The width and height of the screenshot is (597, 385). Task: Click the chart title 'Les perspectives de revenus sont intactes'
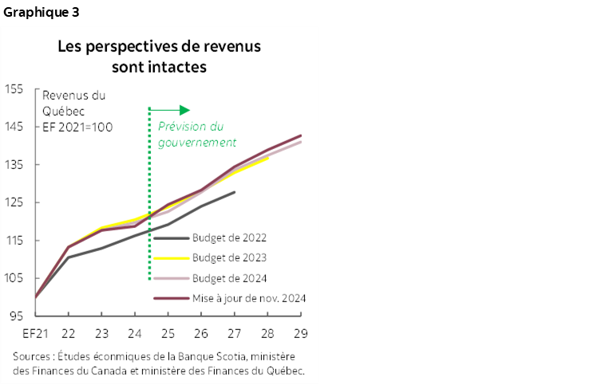[x=159, y=57]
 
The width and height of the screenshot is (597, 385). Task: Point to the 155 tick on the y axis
[x=14, y=88]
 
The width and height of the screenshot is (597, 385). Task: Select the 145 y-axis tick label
[x=14, y=127]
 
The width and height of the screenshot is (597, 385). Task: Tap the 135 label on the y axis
[x=14, y=164]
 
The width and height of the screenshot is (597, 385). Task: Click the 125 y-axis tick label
[x=14, y=202]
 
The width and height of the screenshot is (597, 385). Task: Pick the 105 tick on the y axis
[x=14, y=278]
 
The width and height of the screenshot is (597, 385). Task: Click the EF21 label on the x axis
[x=36, y=333]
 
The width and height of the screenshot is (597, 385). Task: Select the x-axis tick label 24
[x=135, y=333]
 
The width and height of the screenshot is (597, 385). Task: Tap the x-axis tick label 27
[x=235, y=333]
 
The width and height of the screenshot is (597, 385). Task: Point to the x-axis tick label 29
[x=301, y=333]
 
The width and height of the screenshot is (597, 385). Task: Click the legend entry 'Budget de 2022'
[x=230, y=238]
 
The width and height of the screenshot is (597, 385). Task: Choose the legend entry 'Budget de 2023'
[x=230, y=257]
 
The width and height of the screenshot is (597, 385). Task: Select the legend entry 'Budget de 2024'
[x=230, y=278]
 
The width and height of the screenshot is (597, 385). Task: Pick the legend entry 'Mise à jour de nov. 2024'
[x=249, y=298]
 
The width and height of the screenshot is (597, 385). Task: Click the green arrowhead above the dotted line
[x=184, y=110]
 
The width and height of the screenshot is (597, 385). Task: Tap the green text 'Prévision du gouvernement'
[x=196, y=135]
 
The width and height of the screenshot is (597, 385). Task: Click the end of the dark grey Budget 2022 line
[x=234, y=192]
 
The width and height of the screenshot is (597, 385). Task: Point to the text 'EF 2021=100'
[x=79, y=127]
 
